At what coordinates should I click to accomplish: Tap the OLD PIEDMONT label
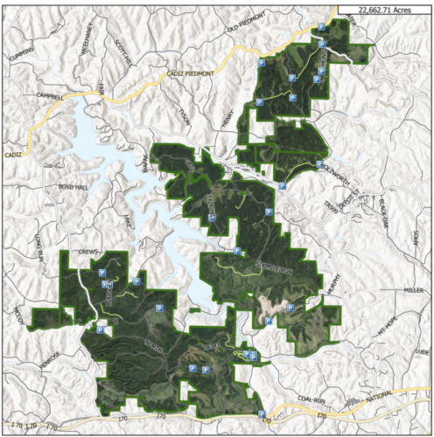245,30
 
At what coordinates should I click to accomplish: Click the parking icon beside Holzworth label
320,164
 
